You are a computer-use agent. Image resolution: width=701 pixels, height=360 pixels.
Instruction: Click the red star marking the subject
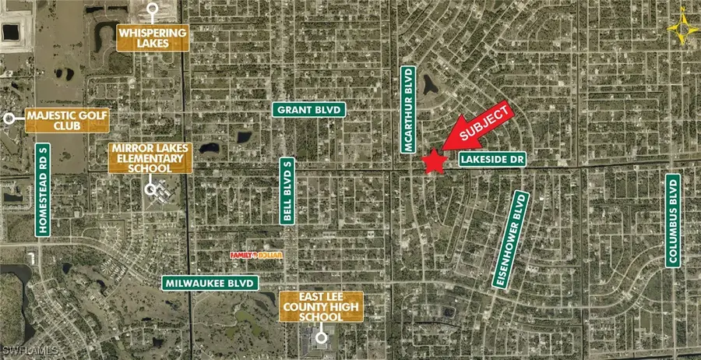click(x=434, y=161)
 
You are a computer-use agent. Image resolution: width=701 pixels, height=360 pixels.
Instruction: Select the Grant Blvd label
click(x=309, y=111)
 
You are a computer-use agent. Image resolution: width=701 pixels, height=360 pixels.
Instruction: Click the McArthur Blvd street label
click(x=407, y=107)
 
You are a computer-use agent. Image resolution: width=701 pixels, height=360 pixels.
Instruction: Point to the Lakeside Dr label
click(x=492, y=159)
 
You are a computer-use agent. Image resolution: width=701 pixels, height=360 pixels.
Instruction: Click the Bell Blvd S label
click(x=287, y=191)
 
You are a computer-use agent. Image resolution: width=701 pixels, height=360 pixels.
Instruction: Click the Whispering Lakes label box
click(x=153, y=38)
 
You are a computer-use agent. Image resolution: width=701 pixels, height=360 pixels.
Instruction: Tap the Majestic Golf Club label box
click(x=67, y=121)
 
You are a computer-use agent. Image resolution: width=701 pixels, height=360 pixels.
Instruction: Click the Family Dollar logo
click(x=255, y=255)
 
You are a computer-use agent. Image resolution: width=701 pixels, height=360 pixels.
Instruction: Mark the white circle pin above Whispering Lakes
click(x=153, y=9)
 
